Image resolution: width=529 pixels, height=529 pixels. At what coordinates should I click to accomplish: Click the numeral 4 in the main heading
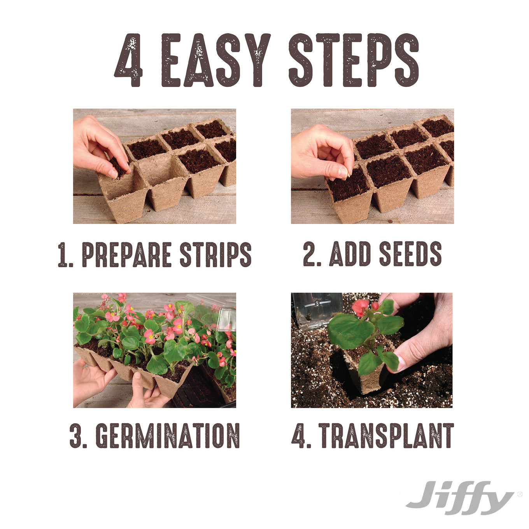coord(128,60)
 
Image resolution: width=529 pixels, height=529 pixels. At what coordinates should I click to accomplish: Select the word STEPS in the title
coord(354,60)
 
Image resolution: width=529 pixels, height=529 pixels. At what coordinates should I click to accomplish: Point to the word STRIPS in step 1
coord(215,254)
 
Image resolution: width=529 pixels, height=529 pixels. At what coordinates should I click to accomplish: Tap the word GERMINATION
coord(168,436)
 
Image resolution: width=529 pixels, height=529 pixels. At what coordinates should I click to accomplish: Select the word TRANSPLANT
coord(386,436)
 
